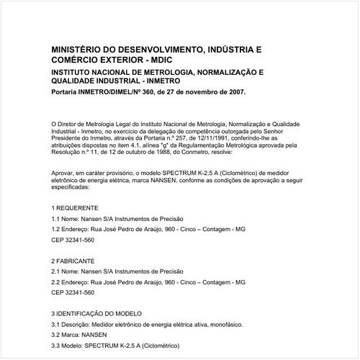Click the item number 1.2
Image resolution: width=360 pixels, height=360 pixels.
pos(56,229)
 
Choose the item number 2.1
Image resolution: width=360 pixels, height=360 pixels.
pos(56,271)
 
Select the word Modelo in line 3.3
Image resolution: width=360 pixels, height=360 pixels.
pos(76,347)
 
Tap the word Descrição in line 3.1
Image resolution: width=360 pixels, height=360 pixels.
pos(79,325)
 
